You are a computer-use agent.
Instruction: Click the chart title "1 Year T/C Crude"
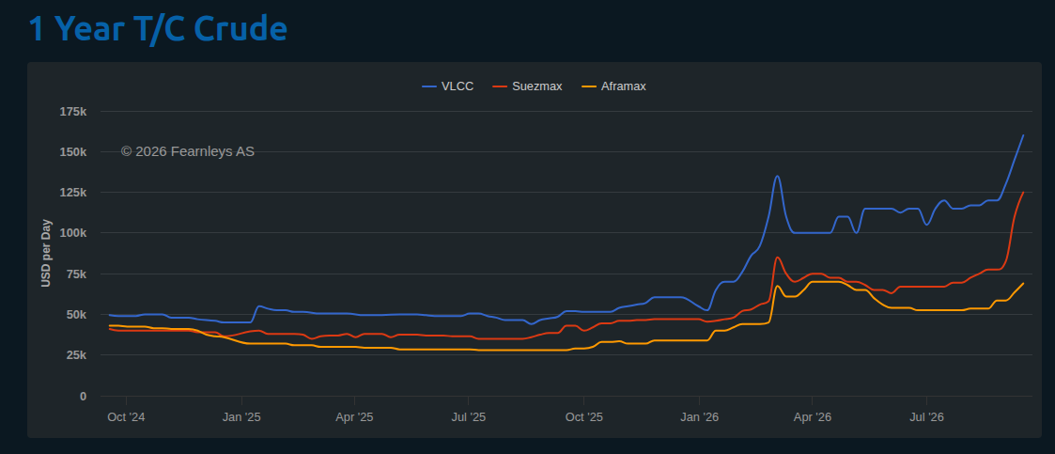158,30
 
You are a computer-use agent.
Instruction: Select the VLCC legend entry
447,86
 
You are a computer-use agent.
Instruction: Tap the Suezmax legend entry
527,86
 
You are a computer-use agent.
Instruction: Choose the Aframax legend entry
613,86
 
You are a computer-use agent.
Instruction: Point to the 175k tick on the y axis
73,111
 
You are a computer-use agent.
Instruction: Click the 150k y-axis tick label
73,151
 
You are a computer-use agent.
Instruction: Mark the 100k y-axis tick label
73,233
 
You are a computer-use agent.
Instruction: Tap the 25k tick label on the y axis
76,355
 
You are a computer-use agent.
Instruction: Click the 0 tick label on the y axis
84,396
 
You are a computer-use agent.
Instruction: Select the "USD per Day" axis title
46,253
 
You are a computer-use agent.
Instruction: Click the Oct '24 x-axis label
126,417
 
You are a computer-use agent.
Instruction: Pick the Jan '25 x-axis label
240,417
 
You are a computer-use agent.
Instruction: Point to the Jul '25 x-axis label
468,417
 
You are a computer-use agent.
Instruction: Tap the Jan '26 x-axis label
700,417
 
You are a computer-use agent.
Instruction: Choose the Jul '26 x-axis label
926,417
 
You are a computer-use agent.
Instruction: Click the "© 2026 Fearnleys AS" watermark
188,151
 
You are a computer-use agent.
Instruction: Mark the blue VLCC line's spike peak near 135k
777,177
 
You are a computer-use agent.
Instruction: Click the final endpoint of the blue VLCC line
1023,134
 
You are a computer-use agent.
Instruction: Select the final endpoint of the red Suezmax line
1023,192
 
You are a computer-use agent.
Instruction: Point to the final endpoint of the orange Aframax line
1023,283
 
